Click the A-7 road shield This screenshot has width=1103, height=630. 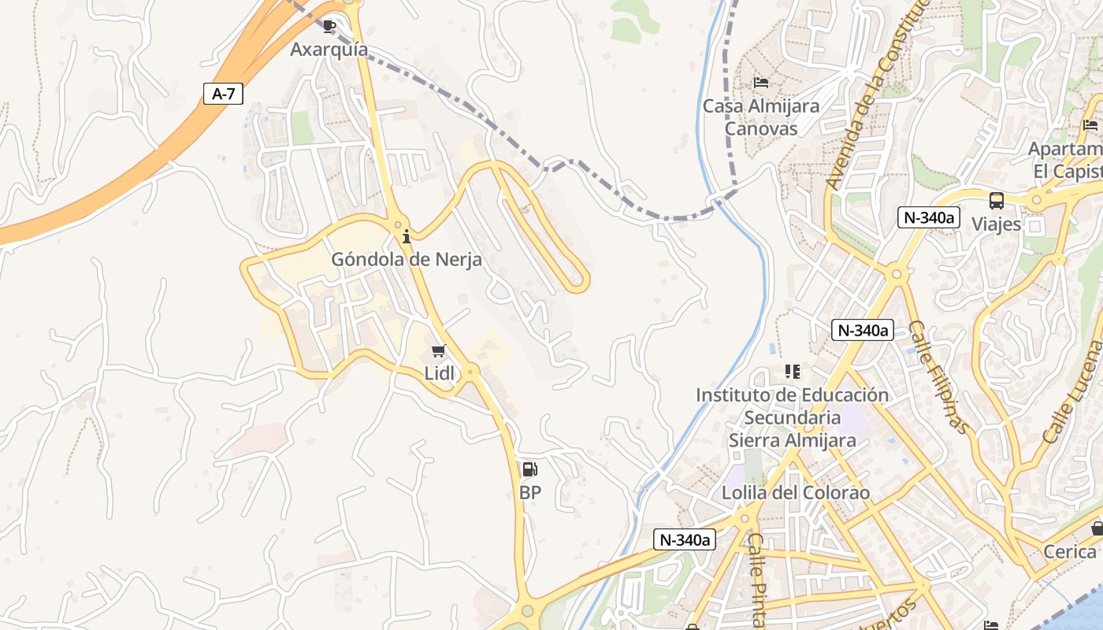click(x=223, y=94)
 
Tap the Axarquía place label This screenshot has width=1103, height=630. click(x=329, y=49)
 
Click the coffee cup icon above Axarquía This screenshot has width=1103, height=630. click(x=329, y=26)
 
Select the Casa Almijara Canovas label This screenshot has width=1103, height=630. click(x=760, y=117)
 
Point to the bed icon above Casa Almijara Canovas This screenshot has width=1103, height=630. click(x=760, y=82)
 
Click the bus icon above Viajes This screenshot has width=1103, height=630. click(x=996, y=200)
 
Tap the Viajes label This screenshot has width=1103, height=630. click(x=996, y=224)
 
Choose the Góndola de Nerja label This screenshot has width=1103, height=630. click(x=406, y=258)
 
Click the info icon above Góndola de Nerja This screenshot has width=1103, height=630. click(x=407, y=235)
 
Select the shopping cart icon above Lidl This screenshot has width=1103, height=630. click(x=439, y=350)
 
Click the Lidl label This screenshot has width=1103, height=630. click(x=440, y=373)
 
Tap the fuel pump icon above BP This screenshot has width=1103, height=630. click(x=530, y=469)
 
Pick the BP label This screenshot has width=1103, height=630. click(x=530, y=493)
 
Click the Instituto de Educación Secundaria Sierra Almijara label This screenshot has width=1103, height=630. click(x=792, y=417)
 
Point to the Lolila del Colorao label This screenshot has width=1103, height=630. click(x=796, y=493)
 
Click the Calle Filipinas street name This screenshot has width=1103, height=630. click(x=938, y=376)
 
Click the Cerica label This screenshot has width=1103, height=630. click(x=1069, y=551)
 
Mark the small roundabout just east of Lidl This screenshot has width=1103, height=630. click(x=471, y=370)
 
